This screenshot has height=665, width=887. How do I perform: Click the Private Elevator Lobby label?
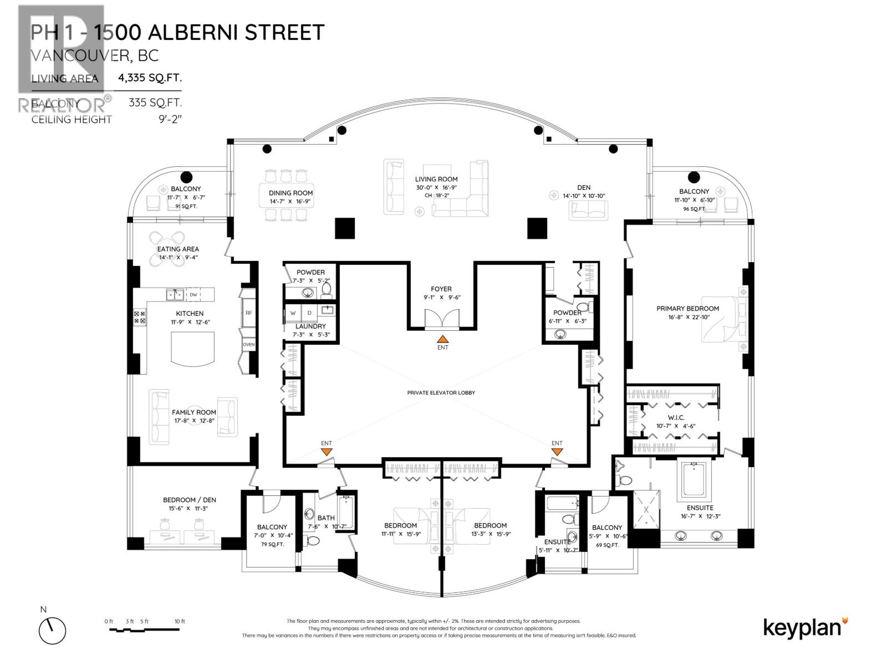coord(441,392)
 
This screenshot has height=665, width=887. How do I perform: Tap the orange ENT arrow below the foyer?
coord(442,339)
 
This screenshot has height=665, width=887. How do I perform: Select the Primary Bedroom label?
coord(687,309)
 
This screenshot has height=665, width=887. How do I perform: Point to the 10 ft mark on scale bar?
coord(180,622)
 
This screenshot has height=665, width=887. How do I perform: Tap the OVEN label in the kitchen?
coord(249,345)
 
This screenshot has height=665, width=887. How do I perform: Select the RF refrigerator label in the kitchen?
coord(249,313)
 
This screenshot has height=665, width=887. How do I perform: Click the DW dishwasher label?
coord(193,295)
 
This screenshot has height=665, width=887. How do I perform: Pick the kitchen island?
coord(192,348)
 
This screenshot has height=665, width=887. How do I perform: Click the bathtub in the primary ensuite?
coord(693,479)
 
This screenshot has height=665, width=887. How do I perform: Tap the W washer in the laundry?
coord(293,313)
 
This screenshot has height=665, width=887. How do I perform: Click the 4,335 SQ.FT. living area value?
coord(150,78)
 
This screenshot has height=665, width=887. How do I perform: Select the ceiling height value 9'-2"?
coord(170,119)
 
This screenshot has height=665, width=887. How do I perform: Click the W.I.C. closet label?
coord(676,417)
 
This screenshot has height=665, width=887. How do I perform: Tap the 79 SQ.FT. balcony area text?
coord(272,544)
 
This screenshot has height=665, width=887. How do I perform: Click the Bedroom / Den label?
coord(190,500)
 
